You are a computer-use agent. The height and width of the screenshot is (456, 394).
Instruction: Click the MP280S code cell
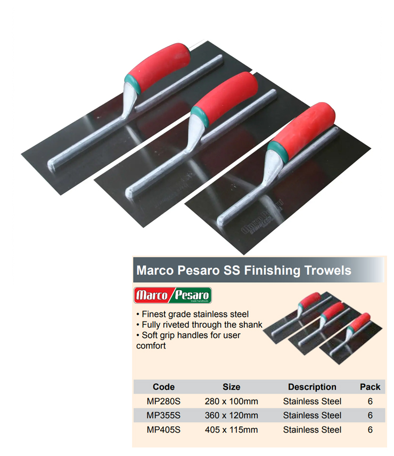point(163,401)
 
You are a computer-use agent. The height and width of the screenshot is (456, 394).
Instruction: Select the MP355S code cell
point(163,415)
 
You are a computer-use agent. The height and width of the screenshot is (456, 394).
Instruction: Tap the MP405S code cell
point(163,429)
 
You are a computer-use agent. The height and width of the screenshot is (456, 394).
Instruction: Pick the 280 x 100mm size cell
point(232,401)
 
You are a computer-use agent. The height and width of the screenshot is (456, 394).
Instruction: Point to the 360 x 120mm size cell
point(232,415)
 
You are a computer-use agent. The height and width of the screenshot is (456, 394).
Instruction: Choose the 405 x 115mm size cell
point(232,429)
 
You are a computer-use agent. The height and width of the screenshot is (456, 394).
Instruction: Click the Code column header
point(163,387)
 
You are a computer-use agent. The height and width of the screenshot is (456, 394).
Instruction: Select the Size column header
point(232,387)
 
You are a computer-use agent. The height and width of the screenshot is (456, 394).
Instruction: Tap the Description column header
point(312,387)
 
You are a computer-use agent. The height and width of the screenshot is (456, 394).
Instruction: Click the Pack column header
point(370,387)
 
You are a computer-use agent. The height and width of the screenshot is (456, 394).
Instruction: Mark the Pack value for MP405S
point(370,429)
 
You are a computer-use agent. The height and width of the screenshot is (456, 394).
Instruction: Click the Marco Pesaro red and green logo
point(173,295)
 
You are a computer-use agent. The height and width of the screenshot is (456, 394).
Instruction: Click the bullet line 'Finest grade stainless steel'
point(193,314)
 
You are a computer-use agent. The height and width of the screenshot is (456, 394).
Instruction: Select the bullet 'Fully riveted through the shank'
point(199,325)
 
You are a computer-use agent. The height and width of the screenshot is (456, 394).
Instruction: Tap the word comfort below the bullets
point(151,346)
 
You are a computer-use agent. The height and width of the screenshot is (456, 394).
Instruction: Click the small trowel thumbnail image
point(323,328)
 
